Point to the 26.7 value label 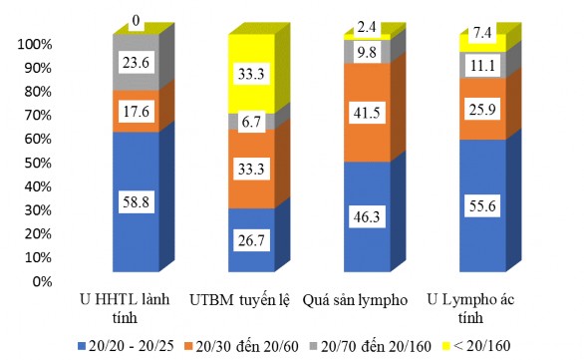coord(246,239)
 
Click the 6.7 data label coord(246,121)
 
